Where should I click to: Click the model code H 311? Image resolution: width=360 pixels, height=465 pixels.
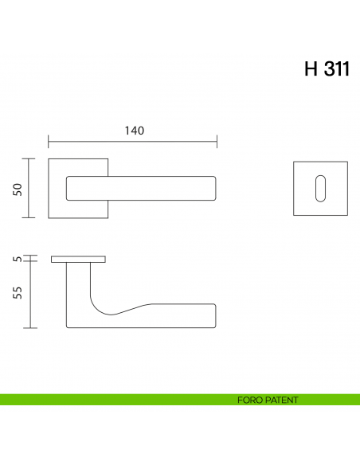tap(326, 70)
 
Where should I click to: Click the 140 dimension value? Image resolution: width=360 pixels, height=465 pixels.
tap(134, 131)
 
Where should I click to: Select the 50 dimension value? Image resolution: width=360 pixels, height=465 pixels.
tap(18, 188)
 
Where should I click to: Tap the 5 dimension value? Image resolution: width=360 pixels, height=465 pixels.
tap(18, 260)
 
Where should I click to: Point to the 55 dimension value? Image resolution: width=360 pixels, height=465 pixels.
tap(18, 292)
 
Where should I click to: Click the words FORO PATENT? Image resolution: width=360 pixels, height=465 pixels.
tap(268, 400)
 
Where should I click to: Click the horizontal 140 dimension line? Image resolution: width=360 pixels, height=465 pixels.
tap(133, 143)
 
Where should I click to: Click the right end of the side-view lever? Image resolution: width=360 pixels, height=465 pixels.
tap(213, 315)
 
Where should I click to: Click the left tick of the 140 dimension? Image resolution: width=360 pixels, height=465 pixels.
tap(49, 143)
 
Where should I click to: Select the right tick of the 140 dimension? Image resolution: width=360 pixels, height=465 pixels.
tap(217, 143)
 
